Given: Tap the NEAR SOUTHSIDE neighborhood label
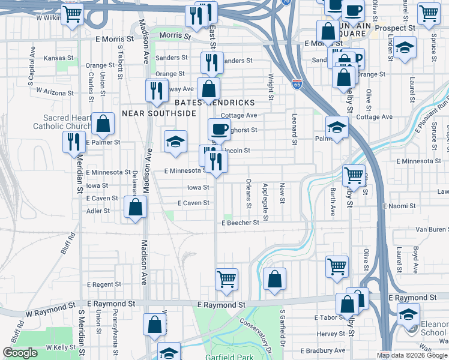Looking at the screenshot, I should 159,113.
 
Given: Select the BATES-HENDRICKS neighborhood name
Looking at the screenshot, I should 215,103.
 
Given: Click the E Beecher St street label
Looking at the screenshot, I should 240,223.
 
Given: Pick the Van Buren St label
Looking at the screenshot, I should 432,230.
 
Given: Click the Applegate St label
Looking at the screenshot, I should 265,194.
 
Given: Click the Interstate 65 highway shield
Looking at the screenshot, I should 297,84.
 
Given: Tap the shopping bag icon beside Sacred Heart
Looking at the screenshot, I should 103,124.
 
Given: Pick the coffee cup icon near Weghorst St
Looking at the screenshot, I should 219,128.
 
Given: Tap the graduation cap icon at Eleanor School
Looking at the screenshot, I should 408,314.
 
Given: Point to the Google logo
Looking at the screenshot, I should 20,353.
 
